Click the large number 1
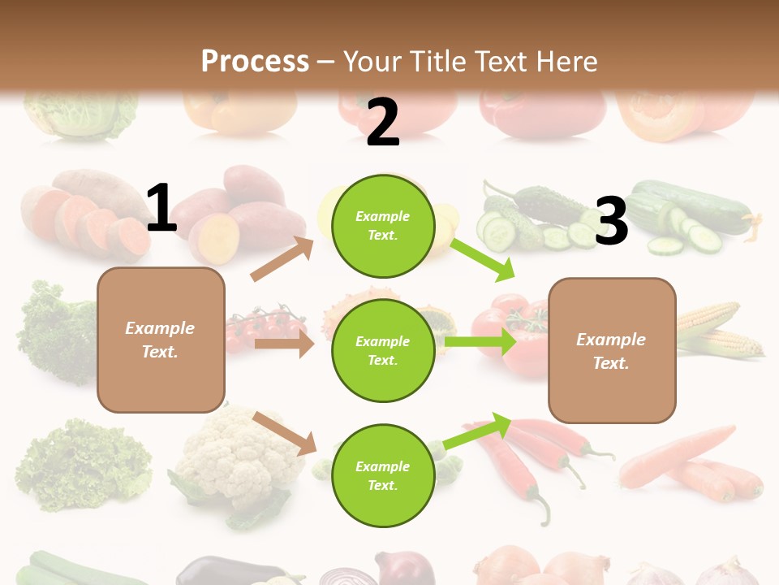coord(161,208)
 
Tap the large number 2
coord(383,123)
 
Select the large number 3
coord(612,222)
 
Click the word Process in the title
coord(255,61)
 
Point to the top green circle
coord(382,225)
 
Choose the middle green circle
coord(382,350)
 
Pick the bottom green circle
coord(382,475)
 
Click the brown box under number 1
coord(161,340)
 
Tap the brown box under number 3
coord(612,350)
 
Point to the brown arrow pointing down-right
coord(285,433)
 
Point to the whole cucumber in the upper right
coord(698,207)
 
